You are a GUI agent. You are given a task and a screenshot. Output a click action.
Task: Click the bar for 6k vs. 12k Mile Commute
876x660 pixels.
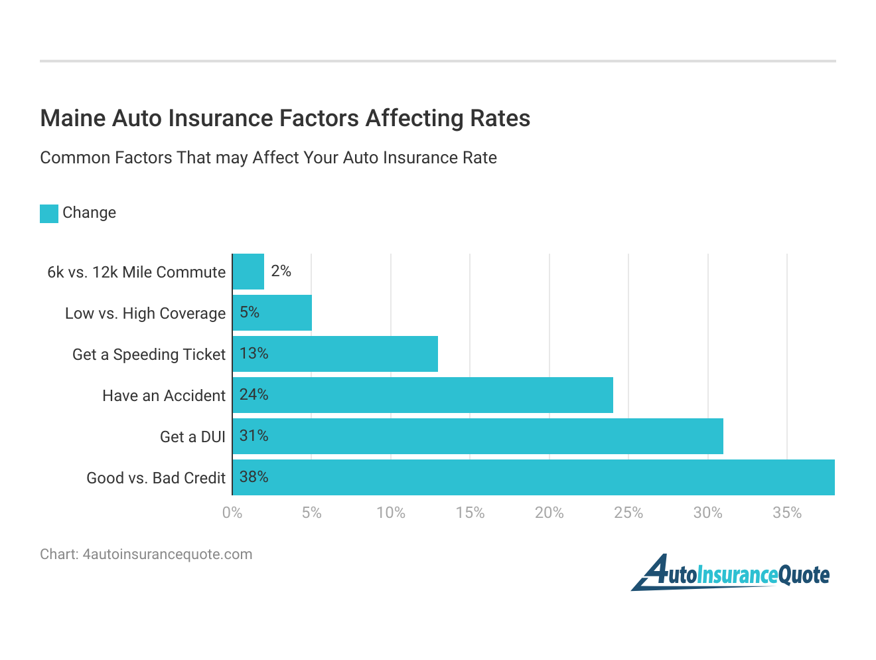(248, 272)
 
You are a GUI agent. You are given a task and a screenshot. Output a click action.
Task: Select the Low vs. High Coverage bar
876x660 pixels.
(272, 313)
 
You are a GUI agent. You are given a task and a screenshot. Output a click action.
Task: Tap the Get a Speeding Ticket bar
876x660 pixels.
(335, 354)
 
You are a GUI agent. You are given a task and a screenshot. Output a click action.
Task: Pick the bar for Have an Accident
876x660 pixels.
(423, 395)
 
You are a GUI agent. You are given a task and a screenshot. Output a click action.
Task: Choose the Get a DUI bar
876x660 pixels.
(478, 436)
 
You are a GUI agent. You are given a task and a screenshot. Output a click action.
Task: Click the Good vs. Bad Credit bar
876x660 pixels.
(534, 477)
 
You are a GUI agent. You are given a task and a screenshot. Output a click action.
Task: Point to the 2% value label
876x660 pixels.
(281, 271)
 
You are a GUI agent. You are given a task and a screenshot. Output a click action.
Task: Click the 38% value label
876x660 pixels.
(254, 477)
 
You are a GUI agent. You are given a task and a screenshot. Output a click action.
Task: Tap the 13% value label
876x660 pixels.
(254, 353)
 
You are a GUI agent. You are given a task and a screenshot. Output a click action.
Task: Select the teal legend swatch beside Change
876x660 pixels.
(49, 213)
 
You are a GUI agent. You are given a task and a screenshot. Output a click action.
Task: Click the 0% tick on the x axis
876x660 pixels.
(232, 513)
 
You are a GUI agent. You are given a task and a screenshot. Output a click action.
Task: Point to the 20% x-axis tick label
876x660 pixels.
(549, 513)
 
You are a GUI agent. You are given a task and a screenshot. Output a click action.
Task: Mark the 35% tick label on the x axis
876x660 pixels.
(787, 513)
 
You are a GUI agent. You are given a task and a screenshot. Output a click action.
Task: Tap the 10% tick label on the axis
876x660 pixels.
(390, 513)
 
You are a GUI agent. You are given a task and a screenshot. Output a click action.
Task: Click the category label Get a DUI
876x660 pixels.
(192, 437)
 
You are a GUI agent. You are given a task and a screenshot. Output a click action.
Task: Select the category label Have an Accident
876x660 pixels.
(164, 396)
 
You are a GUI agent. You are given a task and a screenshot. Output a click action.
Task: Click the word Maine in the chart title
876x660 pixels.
(72, 118)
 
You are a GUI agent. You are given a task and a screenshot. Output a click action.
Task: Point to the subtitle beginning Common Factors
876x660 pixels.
(268, 158)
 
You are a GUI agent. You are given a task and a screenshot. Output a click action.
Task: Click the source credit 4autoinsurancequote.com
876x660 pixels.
(167, 554)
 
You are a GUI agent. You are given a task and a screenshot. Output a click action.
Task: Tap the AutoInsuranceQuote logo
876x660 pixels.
(730, 573)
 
